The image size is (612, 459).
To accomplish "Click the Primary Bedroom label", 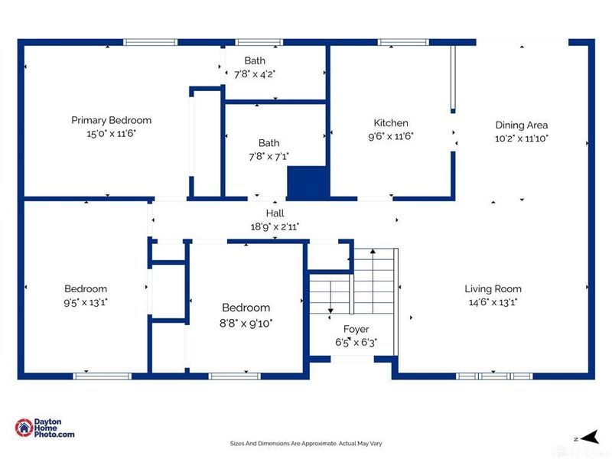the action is (111, 120).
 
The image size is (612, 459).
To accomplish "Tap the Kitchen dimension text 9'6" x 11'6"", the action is (391, 136).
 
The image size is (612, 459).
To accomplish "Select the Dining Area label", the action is (522, 125).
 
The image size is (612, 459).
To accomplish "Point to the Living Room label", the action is (493, 289).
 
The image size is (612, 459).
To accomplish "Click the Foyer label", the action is (356, 330).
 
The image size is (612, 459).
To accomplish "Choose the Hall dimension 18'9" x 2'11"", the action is (275, 226).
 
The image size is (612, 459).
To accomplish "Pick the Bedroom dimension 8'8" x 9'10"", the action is (246, 324).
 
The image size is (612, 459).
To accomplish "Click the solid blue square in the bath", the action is (308, 183).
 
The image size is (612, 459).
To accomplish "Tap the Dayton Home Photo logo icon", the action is (24, 428).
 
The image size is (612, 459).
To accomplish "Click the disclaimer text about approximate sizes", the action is (306, 444).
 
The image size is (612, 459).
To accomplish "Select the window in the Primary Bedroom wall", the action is (150, 42).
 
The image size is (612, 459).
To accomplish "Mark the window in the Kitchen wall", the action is (404, 42).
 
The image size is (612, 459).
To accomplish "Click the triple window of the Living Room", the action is (494, 376).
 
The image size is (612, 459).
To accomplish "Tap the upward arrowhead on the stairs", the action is (373, 252).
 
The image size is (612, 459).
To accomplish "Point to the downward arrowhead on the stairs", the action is (330, 311).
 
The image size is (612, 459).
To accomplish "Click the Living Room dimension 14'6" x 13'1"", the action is (493, 302).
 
